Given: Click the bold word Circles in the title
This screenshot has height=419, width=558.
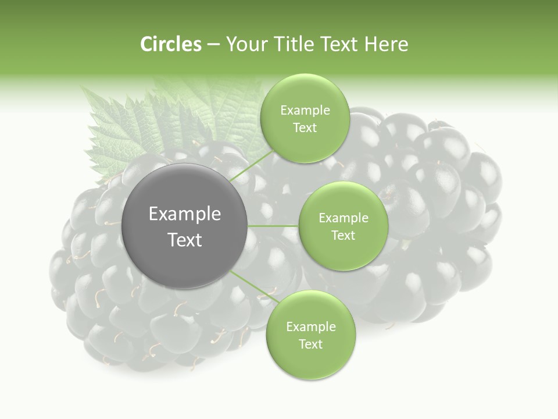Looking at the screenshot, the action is click(x=170, y=44).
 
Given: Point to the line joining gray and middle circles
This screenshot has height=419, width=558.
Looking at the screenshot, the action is click(x=273, y=226).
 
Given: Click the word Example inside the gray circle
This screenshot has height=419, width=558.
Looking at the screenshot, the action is click(x=185, y=214).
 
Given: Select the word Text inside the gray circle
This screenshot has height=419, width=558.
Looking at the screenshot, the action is click(x=185, y=240).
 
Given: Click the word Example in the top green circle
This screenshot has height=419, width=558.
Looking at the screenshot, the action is click(x=305, y=111).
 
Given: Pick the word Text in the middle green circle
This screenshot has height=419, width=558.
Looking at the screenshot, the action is click(x=343, y=236).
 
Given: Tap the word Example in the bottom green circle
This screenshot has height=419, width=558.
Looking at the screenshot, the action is click(x=311, y=327).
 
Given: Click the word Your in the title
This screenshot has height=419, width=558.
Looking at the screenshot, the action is click(x=245, y=44).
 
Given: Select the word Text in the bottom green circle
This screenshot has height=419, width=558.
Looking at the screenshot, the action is click(x=310, y=345).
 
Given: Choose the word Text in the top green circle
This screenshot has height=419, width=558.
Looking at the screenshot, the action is click(x=305, y=128).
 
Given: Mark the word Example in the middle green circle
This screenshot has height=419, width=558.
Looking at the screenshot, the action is click(x=344, y=218).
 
